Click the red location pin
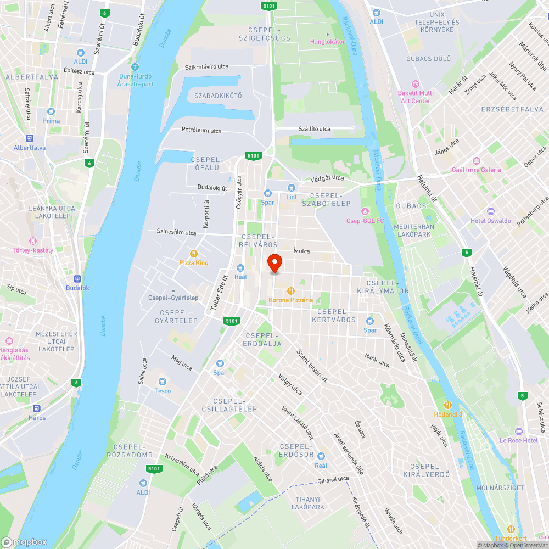[x=274, y=264]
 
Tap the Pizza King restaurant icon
[x=194, y=254]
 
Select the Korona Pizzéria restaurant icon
[x=291, y=291]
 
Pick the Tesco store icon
[x=162, y=382]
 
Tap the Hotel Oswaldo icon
[x=490, y=211]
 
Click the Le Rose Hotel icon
[x=519, y=431]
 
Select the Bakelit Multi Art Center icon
[x=415, y=84]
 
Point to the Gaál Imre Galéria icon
[x=476, y=161]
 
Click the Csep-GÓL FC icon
[x=365, y=211]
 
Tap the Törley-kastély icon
[x=33, y=240]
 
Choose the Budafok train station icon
[x=77, y=278]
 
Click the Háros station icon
[x=37, y=408]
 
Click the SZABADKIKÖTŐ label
[x=218, y=96]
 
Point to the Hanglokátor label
[x=328, y=41]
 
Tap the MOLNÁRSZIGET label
[x=500, y=488]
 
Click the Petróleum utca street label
[x=201, y=131]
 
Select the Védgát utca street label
[x=327, y=178]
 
